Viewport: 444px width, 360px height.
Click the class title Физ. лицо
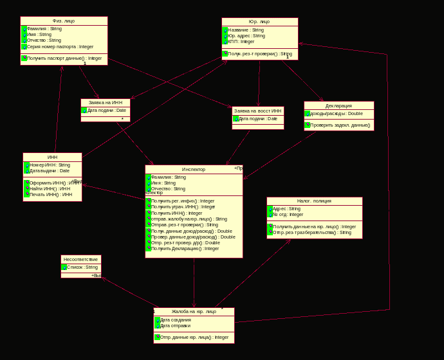(x=64, y=21)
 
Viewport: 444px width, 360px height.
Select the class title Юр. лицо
(x=259, y=21)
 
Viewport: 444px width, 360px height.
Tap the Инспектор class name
(x=194, y=169)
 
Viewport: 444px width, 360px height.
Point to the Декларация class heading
(x=338, y=105)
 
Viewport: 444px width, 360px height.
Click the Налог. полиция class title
(x=314, y=201)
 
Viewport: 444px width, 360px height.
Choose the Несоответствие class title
(x=80, y=259)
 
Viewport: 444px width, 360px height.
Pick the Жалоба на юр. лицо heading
(x=194, y=311)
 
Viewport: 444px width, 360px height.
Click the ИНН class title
(x=52, y=157)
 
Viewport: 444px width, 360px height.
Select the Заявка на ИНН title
(x=105, y=102)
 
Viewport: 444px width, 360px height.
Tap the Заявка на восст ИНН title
(x=257, y=111)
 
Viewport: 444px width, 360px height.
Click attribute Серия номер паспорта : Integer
(x=60, y=46)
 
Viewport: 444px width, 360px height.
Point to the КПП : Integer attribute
(x=241, y=42)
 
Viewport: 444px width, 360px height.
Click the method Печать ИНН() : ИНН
(x=51, y=194)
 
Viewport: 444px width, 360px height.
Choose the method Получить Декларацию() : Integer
(x=185, y=248)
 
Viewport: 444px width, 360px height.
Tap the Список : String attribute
(x=82, y=267)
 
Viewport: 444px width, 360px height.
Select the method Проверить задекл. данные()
(x=340, y=125)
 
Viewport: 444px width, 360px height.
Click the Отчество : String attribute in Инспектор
(x=168, y=189)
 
